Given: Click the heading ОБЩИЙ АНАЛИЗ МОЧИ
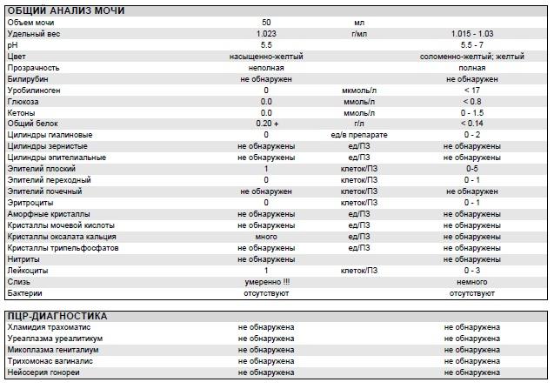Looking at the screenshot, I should (65, 10).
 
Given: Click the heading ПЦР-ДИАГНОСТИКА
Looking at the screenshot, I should (57, 315).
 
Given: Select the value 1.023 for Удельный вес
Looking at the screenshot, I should (266, 33).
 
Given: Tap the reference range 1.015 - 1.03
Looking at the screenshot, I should (471, 33).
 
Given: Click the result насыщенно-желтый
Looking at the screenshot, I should (266, 56).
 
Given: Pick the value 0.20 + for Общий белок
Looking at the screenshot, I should (266, 124).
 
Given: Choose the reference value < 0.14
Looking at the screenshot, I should (471, 124).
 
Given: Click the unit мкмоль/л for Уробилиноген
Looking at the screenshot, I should (359, 90).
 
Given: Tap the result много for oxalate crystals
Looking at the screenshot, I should (266, 237).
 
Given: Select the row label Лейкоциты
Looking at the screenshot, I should (28, 271).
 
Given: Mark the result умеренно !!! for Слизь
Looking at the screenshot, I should (266, 282).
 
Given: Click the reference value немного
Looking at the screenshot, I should (471, 282).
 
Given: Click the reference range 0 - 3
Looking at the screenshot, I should (471, 271).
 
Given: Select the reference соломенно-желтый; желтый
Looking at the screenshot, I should (471, 56).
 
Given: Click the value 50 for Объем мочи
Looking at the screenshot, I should (266, 22).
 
